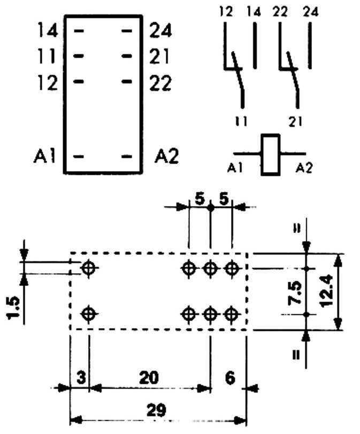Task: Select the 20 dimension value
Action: pos(149,378)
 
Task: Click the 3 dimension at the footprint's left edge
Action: pos(80,378)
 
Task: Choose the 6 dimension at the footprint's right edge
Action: pos(230,378)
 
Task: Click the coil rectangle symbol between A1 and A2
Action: pos(270,154)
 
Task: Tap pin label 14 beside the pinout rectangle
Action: pos(48,31)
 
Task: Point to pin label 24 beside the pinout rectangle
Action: pos(160,31)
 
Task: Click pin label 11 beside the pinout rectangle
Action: pos(48,56)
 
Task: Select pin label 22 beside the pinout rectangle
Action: pos(160,83)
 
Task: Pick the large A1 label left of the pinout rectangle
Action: pos(44,157)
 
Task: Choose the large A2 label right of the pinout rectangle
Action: pos(166,157)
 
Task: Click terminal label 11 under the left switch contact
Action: pos(242,121)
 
